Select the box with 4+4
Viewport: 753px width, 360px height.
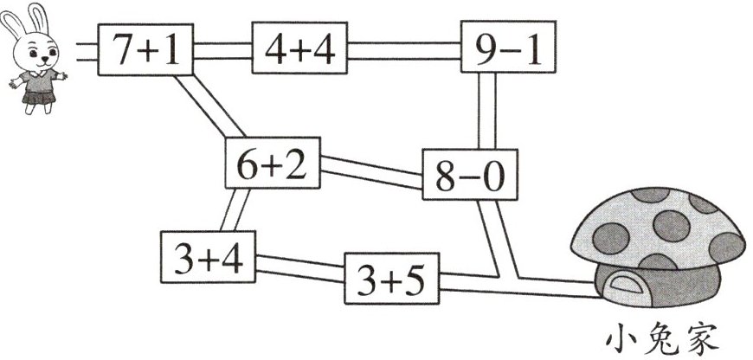299,51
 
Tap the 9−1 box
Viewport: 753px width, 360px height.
507,51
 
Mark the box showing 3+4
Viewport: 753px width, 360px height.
209,257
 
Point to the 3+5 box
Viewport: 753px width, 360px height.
392,279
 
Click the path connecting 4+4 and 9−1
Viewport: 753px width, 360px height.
403,52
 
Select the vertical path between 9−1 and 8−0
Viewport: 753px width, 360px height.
486,112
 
